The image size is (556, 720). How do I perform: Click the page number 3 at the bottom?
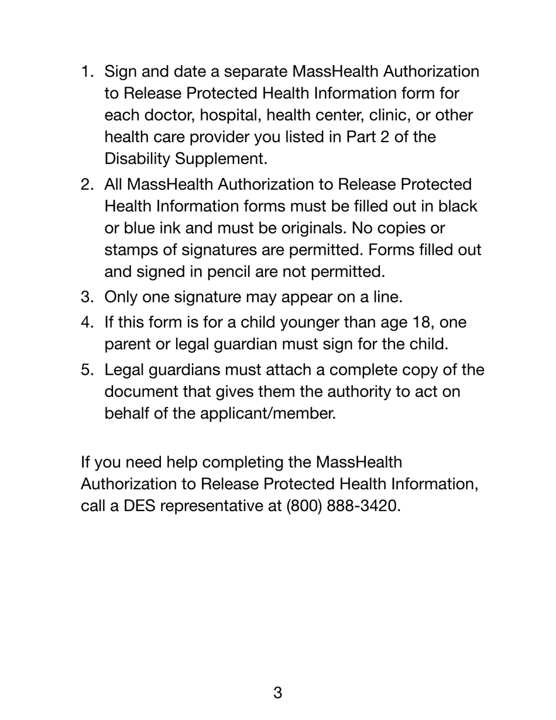point(277,693)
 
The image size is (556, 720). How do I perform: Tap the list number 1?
point(87,72)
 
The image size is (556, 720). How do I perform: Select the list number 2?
point(87,185)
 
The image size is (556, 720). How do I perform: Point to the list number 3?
point(87,297)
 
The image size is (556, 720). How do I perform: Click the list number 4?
point(87,323)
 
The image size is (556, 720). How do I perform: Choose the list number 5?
point(87,371)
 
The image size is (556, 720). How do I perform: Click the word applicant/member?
point(268,414)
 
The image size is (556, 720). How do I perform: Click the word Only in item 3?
point(121,297)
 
